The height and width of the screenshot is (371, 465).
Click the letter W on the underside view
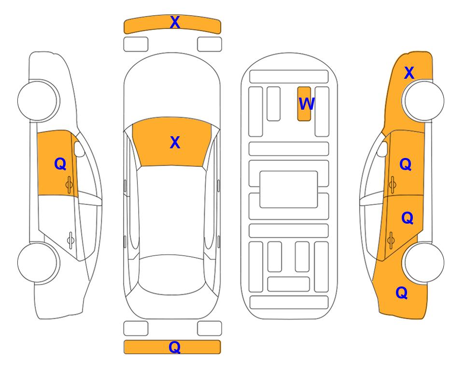[306, 103]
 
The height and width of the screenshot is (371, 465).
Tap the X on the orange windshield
[175, 143]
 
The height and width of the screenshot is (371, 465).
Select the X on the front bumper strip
[175, 22]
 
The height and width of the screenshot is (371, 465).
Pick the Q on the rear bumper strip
[175, 347]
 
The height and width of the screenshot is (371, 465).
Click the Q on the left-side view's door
[60, 164]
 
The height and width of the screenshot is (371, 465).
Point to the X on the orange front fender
[409, 73]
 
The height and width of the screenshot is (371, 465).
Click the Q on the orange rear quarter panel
[402, 293]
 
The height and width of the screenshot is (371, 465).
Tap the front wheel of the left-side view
[38, 100]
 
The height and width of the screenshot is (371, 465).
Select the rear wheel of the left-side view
[38, 263]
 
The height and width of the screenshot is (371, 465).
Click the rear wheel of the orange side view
[424, 262]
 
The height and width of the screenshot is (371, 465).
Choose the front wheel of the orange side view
[424, 100]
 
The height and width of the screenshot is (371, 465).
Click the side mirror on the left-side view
[79, 149]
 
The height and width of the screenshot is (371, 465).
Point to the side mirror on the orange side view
[382, 149]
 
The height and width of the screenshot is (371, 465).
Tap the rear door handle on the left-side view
[70, 240]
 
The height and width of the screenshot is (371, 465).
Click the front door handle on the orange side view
[392, 185]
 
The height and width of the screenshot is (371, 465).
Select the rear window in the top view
[172, 275]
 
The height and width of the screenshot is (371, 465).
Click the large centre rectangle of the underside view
[289, 189]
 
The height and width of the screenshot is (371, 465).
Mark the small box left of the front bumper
[136, 44]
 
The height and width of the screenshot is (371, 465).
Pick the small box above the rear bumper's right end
[210, 328]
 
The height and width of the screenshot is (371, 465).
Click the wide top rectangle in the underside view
[289, 77]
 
